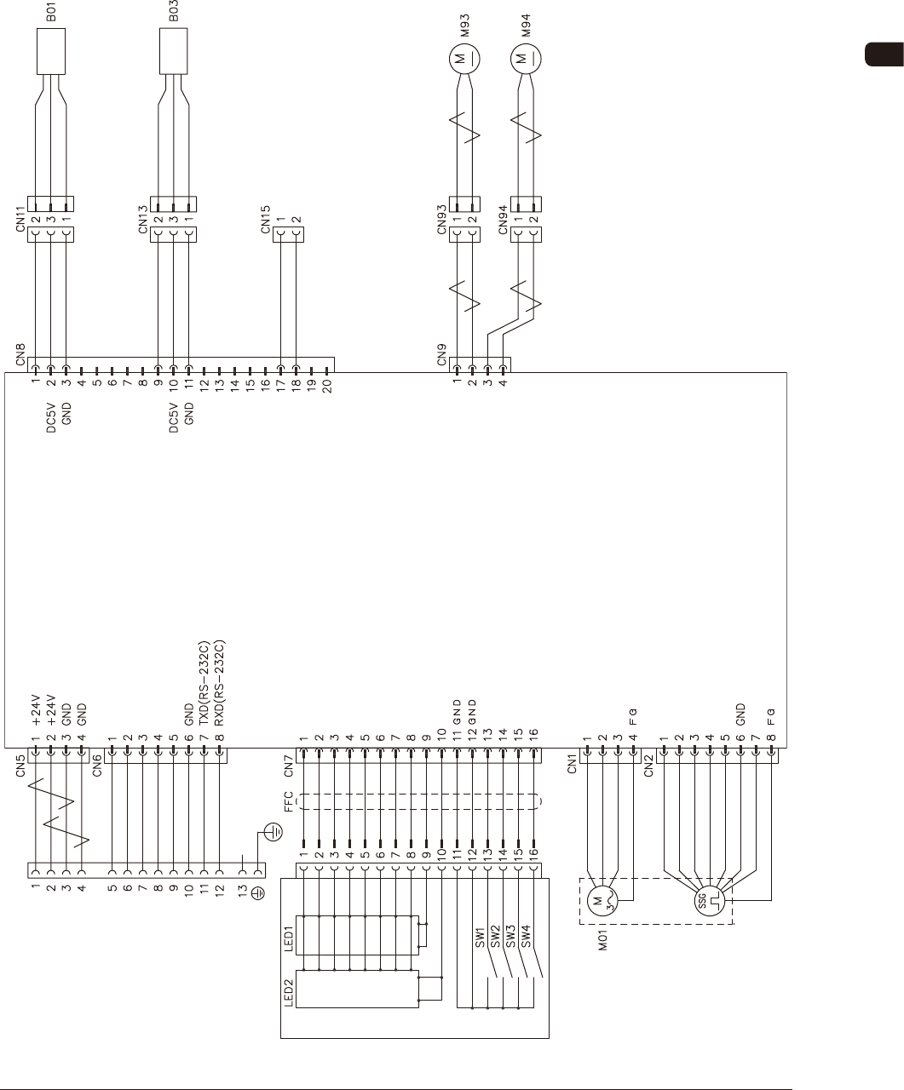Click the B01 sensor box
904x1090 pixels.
pos(50,53)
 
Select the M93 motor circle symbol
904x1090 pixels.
pos(464,59)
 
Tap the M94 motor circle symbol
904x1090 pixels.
pos(526,59)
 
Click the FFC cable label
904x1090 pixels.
pos(288,801)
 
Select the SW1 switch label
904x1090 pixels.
pos(480,937)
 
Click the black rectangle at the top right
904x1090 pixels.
pos(884,54)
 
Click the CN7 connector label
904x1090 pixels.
pos(288,766)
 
